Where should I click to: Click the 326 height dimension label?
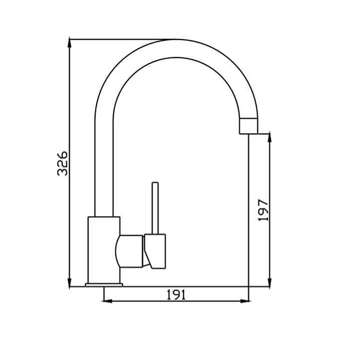(x=62, y=163)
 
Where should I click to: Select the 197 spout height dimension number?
(x=263, y=209)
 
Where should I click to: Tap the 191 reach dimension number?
(x=176, y=295)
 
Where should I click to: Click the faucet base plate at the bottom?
(x=104, y=284)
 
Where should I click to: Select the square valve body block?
(x=104, y=249)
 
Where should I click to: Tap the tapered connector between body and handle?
(x=132, y=251)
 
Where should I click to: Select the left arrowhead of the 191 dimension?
(x=108, y=301)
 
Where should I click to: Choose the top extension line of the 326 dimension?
(x=118, y=39)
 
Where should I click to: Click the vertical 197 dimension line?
(x=268, y=170)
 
